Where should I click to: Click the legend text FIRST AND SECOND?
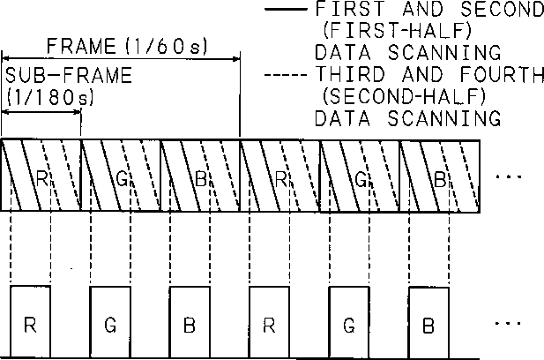point(429,11)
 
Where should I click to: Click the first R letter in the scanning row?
point(42,176)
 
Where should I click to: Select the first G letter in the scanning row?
point(122,176)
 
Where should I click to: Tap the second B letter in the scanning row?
point(438,176)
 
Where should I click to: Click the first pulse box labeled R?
point(30,322)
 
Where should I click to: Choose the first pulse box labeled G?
point(109,322)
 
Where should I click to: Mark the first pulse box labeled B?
point(189,322)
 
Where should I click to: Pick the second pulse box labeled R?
point(269,322)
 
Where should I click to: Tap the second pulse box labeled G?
point(348,322)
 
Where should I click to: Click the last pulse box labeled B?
point(428,322)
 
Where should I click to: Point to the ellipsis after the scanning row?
point(510,176)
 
